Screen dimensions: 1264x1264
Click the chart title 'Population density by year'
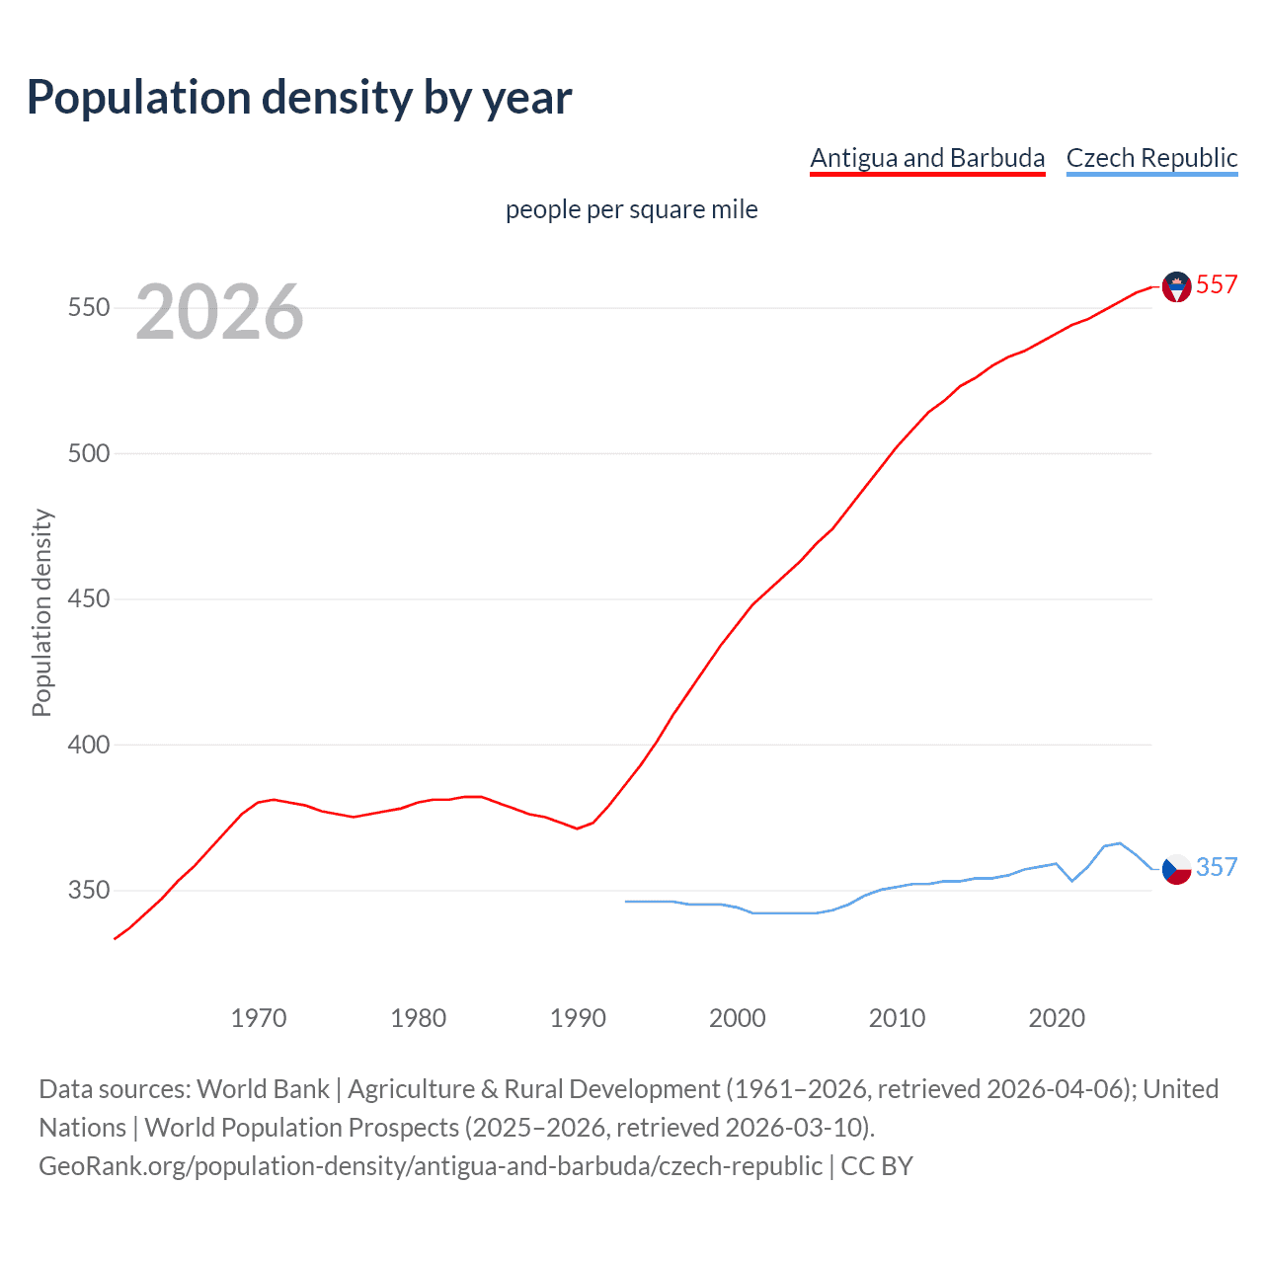299,98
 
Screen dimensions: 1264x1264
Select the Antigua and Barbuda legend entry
926,158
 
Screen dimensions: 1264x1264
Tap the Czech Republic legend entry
1151,158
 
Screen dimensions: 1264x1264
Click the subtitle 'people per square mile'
631,210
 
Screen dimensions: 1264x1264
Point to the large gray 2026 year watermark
219,313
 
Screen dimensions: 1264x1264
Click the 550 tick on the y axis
88,308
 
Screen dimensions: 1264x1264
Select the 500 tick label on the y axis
88,454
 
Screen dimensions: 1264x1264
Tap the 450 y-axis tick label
88,599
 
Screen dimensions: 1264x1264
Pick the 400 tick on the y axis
88,746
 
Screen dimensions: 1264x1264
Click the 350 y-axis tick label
88,891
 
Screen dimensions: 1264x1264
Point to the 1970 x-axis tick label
259,1018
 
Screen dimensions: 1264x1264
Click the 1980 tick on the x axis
419,1018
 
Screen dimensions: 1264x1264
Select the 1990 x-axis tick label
578,1018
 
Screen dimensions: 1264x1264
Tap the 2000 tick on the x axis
738,1018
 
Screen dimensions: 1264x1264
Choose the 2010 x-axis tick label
897,1018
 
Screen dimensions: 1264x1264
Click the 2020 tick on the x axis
1057,1018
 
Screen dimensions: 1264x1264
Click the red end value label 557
1217,285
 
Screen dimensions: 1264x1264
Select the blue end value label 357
1217,868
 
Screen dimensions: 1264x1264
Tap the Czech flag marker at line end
1176,869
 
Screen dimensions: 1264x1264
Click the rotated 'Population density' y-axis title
41,612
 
